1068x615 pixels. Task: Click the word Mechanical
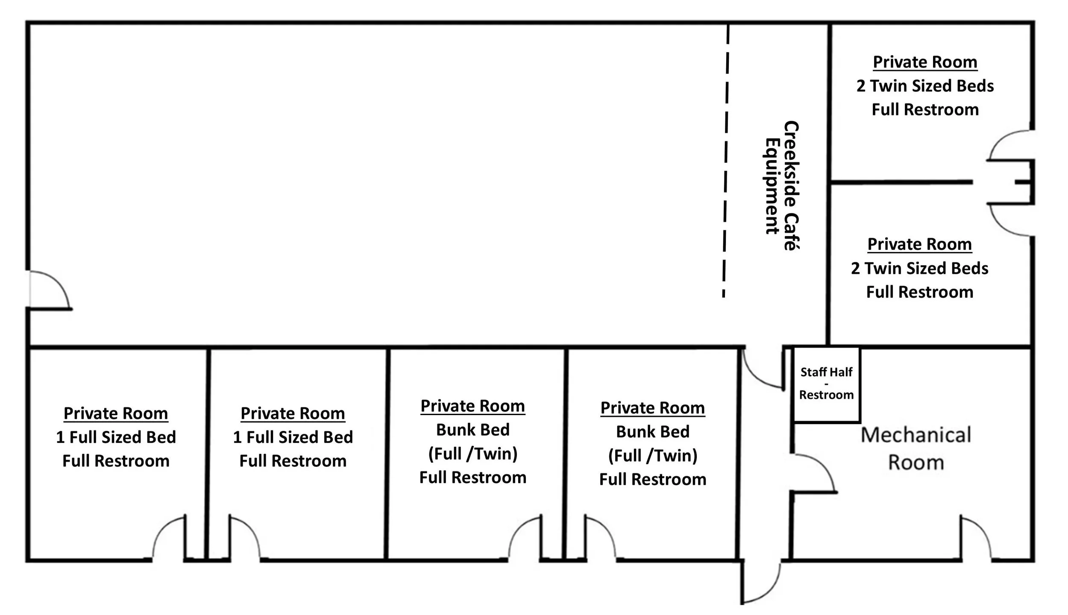(916, 435)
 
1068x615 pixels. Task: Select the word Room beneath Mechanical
(916, 463)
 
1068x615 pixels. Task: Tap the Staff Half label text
(826, 372)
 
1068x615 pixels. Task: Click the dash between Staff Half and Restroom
(826, 384)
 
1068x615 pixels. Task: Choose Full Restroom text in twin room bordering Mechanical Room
(920, 292)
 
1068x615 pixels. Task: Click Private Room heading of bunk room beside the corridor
(653, 408)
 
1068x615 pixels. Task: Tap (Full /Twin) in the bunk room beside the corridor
(653, 455)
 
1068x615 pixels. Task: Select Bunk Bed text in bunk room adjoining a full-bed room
(473, 430)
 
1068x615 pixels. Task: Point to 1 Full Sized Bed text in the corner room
(116, 437)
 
